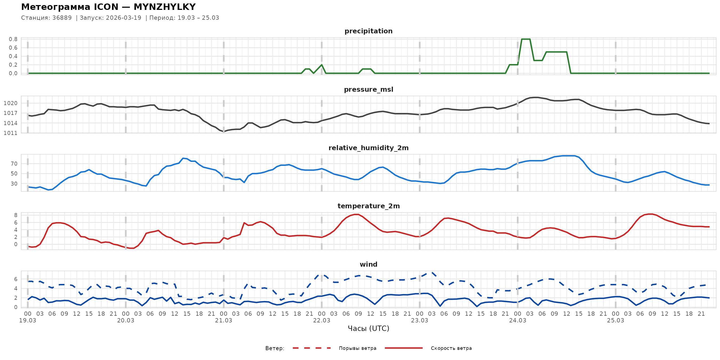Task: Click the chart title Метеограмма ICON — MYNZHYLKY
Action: tap(108, 7)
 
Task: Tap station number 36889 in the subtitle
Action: tap(62, 18)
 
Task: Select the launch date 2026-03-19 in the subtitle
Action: tap(123, 18)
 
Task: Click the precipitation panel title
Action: tap(368, 31)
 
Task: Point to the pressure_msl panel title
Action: tap(368, 89)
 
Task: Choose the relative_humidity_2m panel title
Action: tap(368, 148)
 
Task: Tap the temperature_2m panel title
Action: tap(368, 206)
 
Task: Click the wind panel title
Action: tap(368, 265)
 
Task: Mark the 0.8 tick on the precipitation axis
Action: tap(13, 39)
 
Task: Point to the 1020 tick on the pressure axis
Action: tap(10, 103)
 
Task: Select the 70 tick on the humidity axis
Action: tap(14, 164)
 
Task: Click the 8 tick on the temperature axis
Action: tap(16, 215)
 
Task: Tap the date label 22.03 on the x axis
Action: tap(321, 321)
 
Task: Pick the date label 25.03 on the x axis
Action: tap(615, 321)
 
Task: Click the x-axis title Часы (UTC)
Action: tap(368, 329)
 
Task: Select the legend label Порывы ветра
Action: tap(358, 348)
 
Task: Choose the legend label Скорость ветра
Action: tap(451, 348)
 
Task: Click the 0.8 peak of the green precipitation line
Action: tap(526, 39)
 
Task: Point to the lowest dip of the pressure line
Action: tap(224, 132)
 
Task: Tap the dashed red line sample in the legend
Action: tap(312, 348)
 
